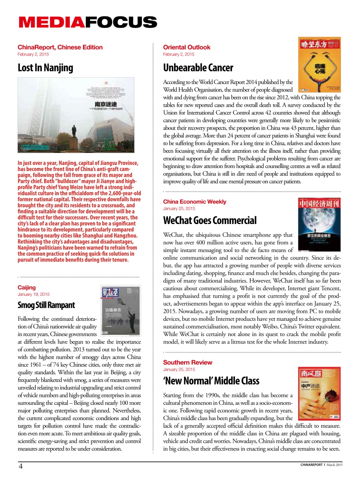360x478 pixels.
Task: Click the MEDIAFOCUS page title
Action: [x=88, y=22]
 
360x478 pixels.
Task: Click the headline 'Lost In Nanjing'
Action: [x=45, y=68]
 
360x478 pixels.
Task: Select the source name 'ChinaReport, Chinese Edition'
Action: [x=60, y=47]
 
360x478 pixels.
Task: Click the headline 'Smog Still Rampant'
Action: [x=46, y=305]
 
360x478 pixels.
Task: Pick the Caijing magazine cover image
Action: [x=120, y=311]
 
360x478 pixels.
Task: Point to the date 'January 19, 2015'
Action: [x=33, y=294]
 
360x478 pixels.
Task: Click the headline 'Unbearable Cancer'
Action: [x=198, y=68]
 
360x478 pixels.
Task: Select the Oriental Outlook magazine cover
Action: [x=319, y=64]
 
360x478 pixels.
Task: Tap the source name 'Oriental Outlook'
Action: [x=186, y=47]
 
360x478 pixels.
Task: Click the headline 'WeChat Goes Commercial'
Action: [x=210, y=221]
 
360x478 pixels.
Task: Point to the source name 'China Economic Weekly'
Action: [x=194, y=202]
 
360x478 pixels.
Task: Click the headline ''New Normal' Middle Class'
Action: [x=211, y=381]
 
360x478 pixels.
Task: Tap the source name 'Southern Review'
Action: [x=187, y=363]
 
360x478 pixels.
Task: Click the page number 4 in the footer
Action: [x=21, y=466]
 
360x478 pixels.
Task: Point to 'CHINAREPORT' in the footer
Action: [x=311, y=465]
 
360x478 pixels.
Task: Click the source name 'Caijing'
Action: [x=27, y=288]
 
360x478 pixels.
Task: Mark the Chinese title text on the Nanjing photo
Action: [x=106, y=104]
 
